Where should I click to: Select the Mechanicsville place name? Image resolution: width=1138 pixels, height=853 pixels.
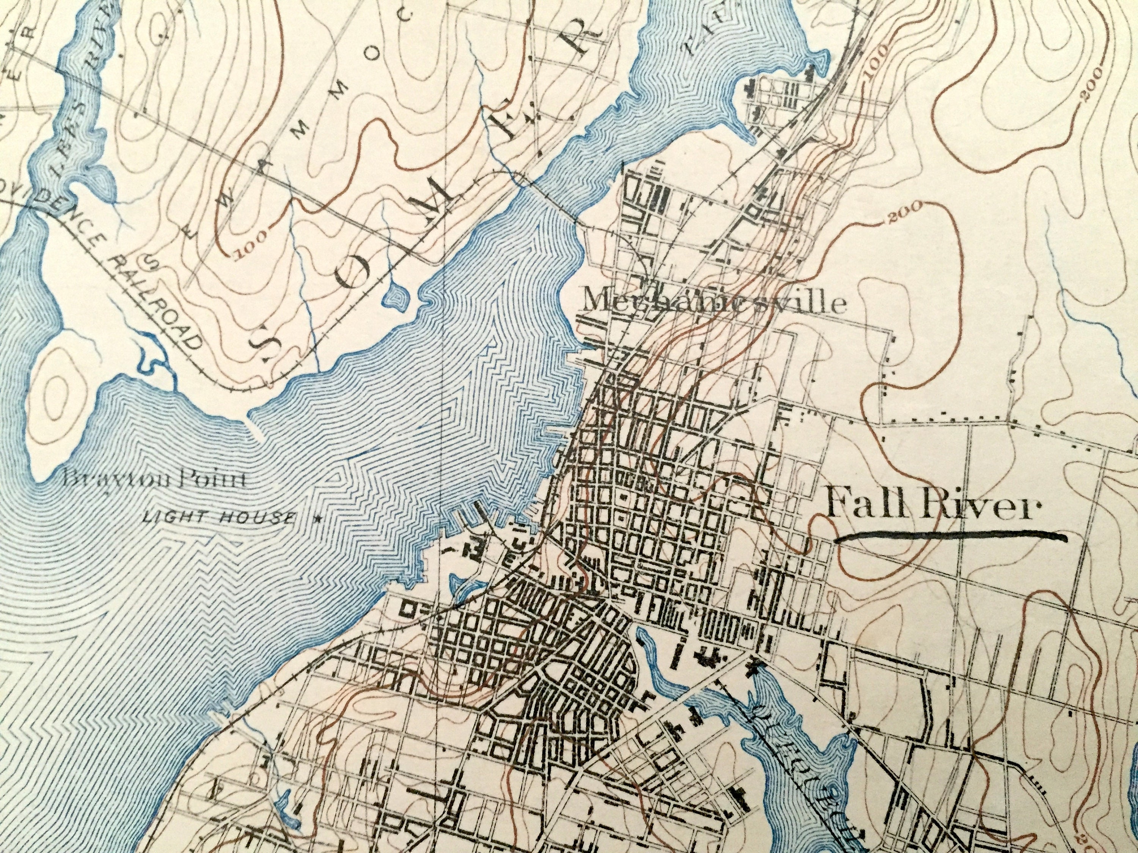tap(712, 303)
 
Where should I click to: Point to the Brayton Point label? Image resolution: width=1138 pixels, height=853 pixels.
tap(154, 481)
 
